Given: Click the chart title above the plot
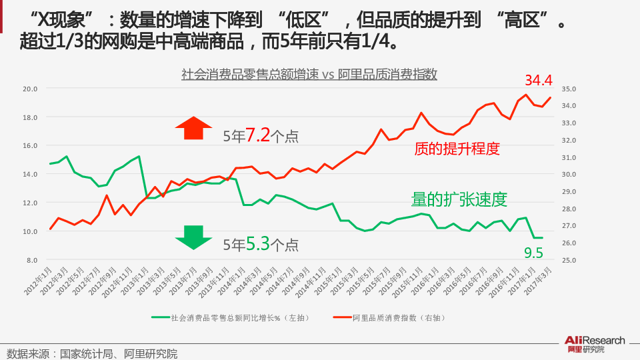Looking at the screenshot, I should tap(309, 74).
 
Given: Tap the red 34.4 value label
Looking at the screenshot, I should tap(539, 80).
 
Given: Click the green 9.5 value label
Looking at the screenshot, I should tap(533, 253).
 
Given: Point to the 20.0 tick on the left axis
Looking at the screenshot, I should tap(30, 89).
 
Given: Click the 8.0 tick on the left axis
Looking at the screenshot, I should tap(31, 260).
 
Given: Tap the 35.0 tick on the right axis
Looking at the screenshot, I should tap(569, 89).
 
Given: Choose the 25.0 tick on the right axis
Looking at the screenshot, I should tap(569, 260).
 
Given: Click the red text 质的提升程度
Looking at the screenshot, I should tap(457, 149).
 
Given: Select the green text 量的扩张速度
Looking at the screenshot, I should tap(460, 199).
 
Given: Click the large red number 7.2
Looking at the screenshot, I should tap(257, 135).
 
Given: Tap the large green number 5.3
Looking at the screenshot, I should tap(257, 244).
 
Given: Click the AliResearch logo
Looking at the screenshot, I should tap(595, 344).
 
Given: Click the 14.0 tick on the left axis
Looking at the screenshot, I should tap(30, 174).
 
